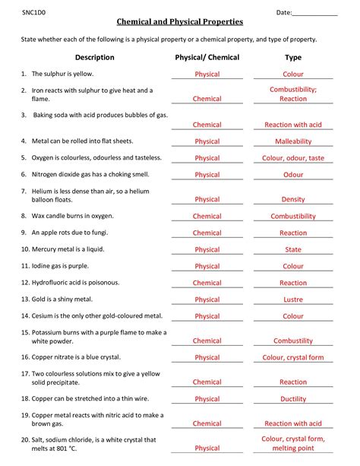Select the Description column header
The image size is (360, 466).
[95, 57]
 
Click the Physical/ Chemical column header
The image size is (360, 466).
[207, 57]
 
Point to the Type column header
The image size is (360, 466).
[292, 57]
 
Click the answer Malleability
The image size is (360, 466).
[293, 141]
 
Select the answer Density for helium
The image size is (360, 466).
[293, 199]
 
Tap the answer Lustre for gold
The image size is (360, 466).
[293, 300]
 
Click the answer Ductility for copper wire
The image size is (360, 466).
[293, 399]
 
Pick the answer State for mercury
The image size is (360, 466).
[293, 249]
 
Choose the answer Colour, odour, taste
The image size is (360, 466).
[293, 158]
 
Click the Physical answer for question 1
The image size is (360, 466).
[207, 74]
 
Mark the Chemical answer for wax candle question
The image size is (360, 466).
[207, 217]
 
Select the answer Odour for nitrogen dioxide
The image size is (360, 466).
[293, 175]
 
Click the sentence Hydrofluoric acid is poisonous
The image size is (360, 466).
[81, 283]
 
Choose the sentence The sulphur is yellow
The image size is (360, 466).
[67, 74]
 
